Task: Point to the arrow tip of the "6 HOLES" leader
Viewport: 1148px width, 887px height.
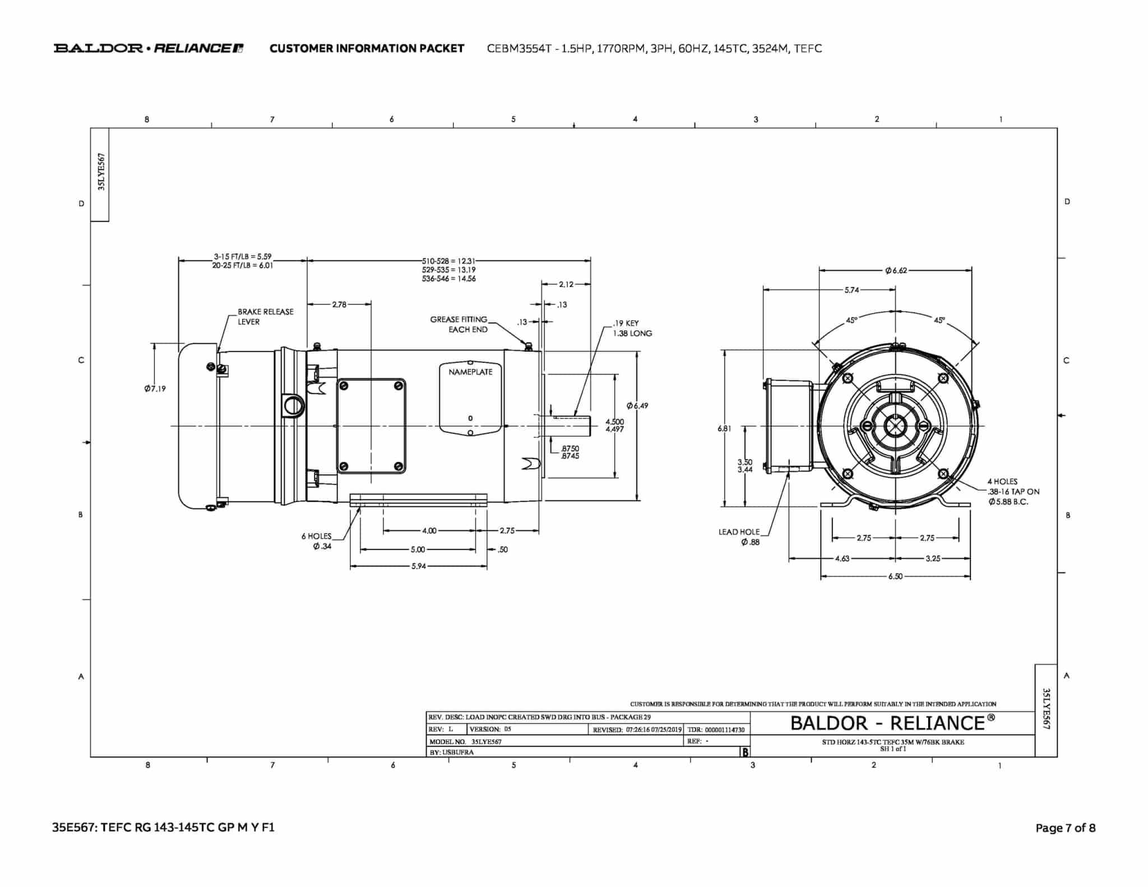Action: click(360, 506)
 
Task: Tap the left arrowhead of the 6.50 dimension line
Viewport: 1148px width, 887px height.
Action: click(821, 576)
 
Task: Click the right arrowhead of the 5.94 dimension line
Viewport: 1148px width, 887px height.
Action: click(487, 566)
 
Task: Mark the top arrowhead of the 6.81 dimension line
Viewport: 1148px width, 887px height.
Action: click(725, 351)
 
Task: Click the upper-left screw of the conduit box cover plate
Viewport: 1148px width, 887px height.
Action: click(344, 386)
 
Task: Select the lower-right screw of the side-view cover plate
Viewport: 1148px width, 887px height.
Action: click(399, 466)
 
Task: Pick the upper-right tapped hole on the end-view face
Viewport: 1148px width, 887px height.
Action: click(943, 378)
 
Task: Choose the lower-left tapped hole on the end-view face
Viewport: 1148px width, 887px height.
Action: click(848, 474)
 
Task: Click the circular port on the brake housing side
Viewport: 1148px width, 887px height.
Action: click(293, 404)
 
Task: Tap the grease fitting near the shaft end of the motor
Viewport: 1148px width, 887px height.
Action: click(528, 347)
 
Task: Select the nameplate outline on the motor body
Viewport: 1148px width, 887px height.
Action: click(470, 399)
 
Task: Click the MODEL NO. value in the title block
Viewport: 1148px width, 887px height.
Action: click(487, 741)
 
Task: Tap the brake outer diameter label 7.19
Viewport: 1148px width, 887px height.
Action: click(155, 389)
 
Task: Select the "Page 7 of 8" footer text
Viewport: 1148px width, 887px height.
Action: click(1066, 828)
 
